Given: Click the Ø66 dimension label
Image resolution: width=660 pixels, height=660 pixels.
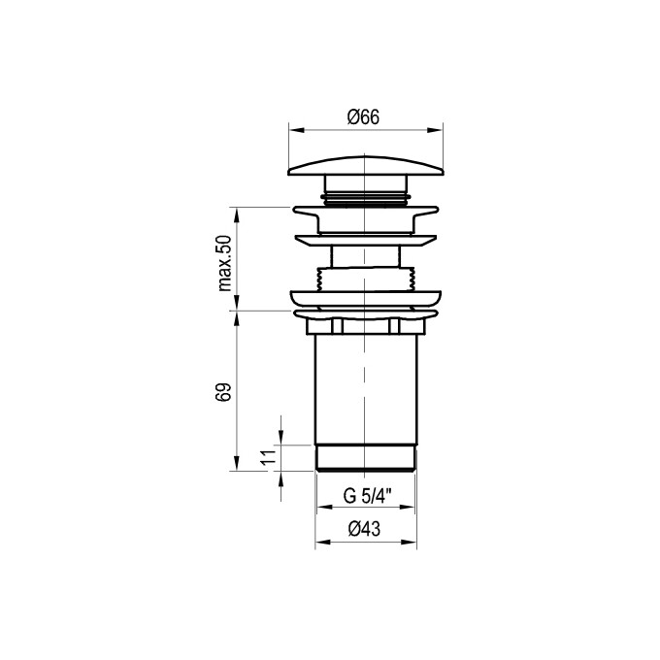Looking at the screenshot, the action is pyautogui.click(x=363, y=117).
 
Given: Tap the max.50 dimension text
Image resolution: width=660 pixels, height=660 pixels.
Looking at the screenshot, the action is pyautogui.click(x=225, y=263).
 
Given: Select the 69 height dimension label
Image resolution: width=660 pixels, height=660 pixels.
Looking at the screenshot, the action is pyautogui.click(x=225, y=392).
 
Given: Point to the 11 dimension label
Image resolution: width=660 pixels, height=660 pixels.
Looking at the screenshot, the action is pyautogui.click(x=268, y=457).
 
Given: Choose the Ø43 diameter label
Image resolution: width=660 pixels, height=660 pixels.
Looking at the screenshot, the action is pyautogui.click(x=365, y=529).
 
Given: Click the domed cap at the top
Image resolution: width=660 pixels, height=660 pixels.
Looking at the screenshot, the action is pyautogui.click(x=366, y=166).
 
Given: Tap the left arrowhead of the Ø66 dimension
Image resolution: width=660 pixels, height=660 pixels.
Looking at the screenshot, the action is pyautogui.click(x=296, y=130).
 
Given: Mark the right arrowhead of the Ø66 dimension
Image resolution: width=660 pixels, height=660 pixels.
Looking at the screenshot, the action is pyautogui.click(x=435, y=130).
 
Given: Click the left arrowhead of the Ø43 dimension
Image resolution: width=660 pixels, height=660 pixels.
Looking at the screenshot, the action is pyautogui.click(x=323, y=542).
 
